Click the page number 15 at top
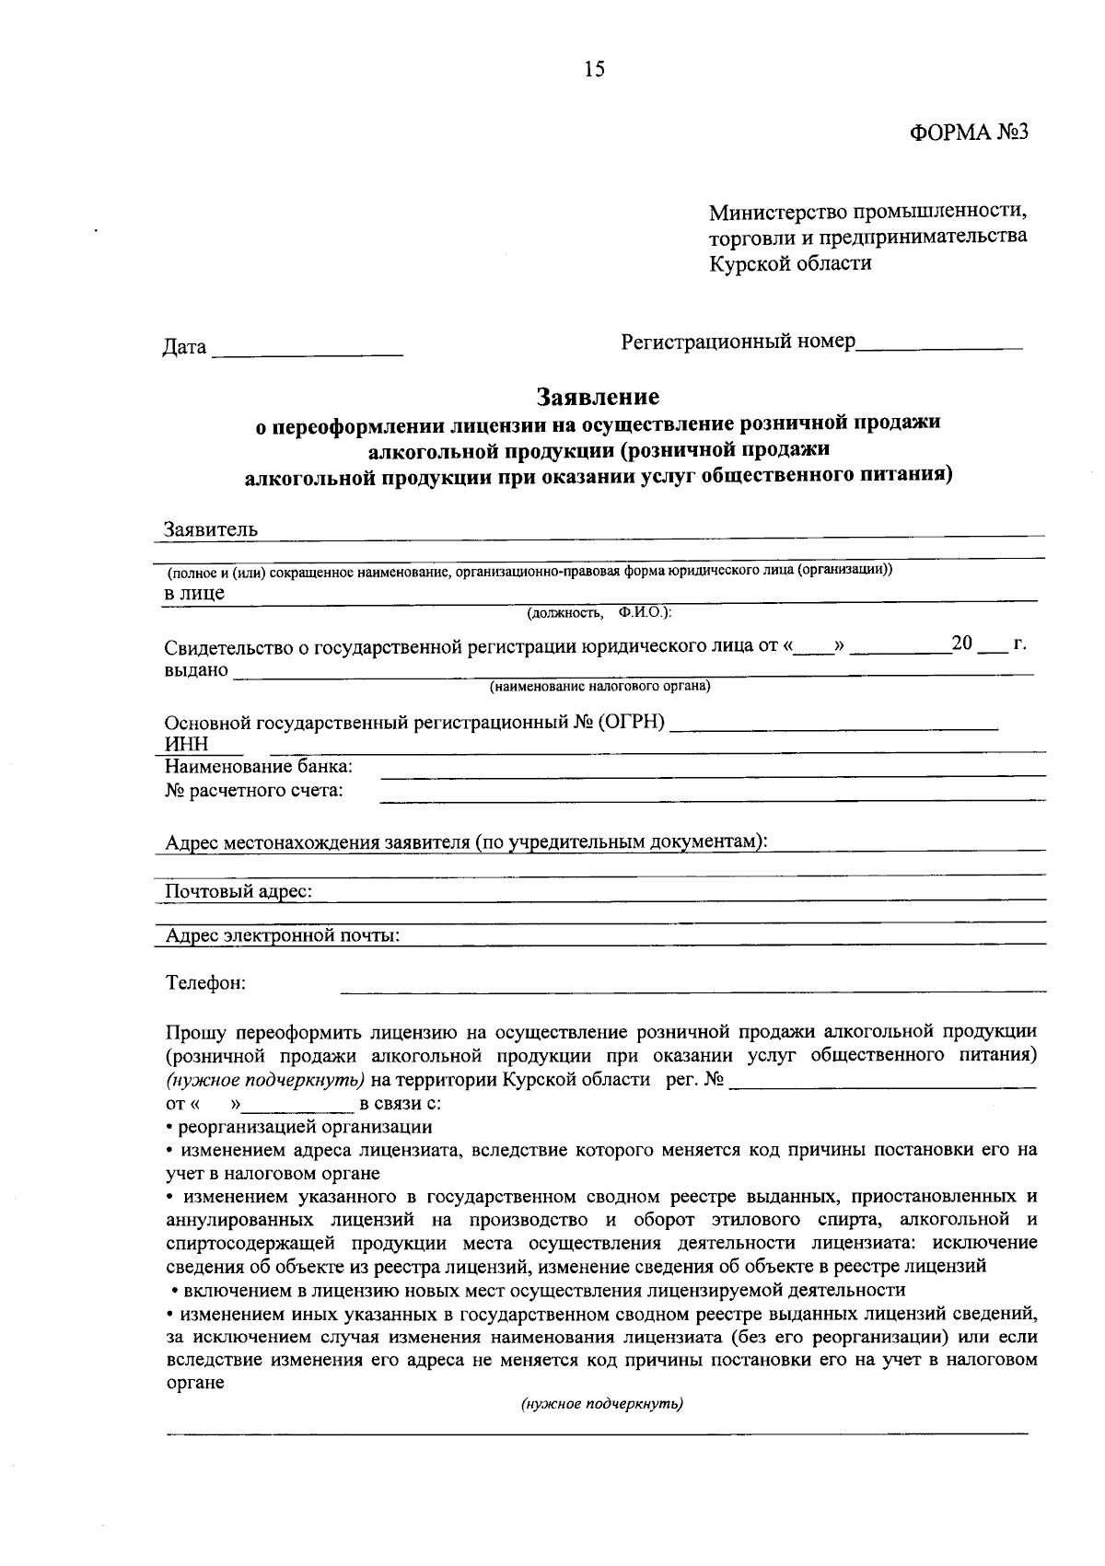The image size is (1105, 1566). click(594, 69)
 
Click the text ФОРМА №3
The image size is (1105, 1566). click(968, 133)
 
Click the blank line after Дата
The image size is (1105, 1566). click(308, 350)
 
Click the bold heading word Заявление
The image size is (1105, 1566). click(599, 397)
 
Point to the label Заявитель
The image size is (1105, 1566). click(211, 529)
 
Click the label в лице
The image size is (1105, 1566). click(194, 593)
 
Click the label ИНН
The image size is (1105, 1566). click(186, 744)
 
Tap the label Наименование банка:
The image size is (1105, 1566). click(259, 767)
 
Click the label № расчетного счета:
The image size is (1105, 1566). click(254, 790)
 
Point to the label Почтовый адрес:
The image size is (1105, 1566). click(238, 891)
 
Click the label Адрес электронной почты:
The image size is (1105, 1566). click(282, 935)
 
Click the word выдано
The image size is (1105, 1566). click(196, 669)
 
